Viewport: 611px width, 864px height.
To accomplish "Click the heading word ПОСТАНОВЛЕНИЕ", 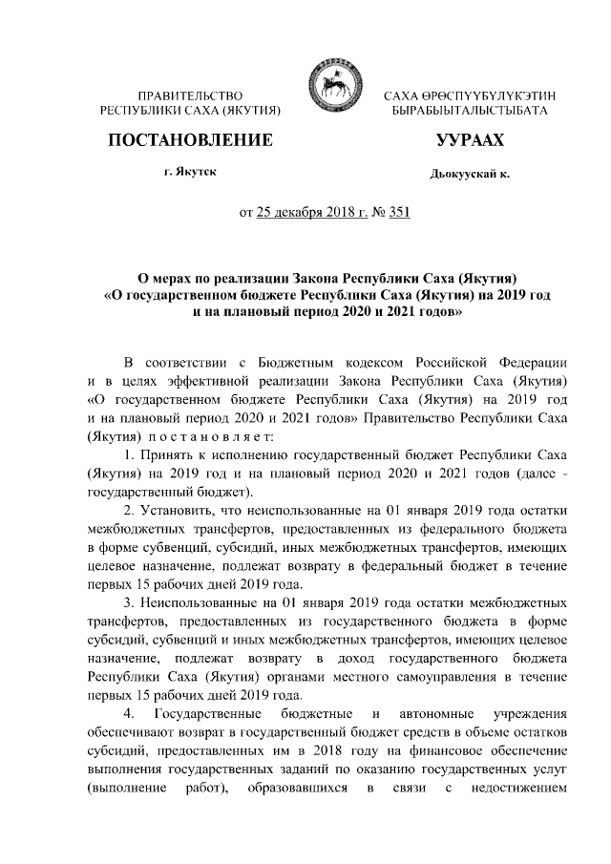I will point(190,141).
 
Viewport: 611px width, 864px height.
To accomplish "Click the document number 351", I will point(398,213).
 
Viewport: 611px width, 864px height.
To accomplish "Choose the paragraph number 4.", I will point(129,716).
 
